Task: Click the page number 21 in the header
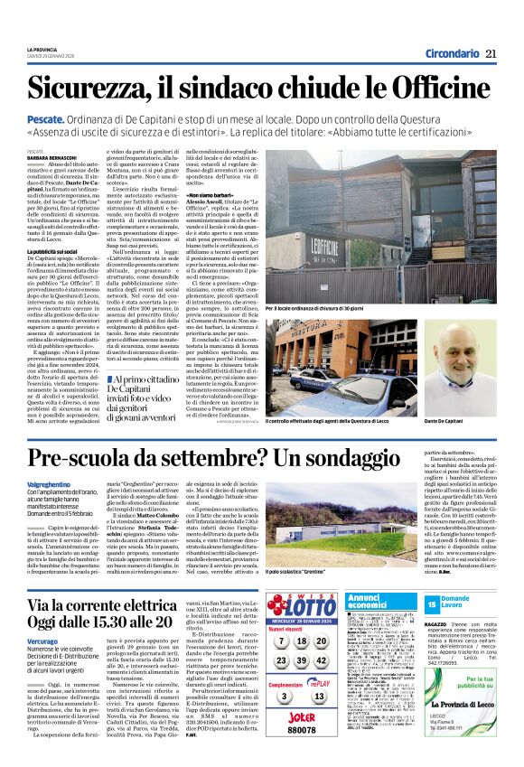491,53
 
